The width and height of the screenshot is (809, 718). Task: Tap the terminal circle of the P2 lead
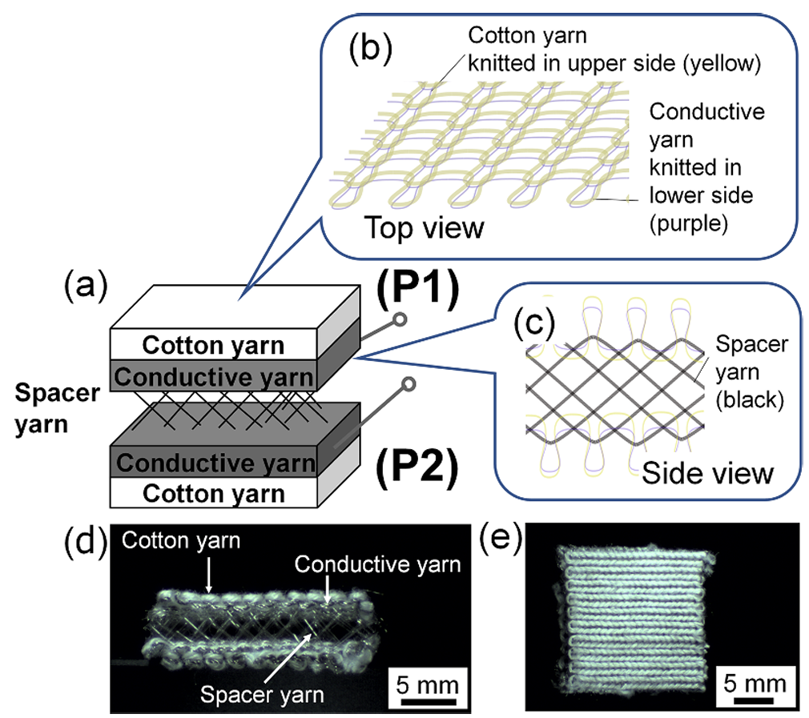click(411, 385)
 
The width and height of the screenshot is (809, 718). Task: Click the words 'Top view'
click(425, 228)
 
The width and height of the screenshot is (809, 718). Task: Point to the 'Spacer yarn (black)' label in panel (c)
click(751, 372)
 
